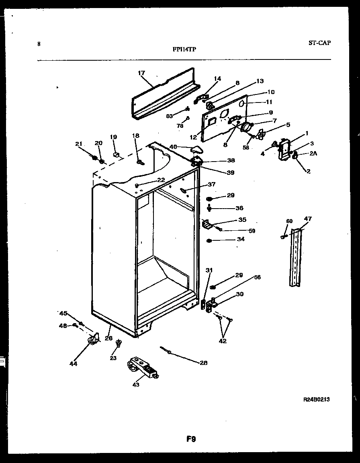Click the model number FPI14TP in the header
click(185, 50)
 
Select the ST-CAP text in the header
click(320, 43)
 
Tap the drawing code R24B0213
click(317, 399)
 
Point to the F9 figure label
click(191, 439)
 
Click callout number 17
click(141, 73)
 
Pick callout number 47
click(308, 219)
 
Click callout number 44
click(74, 364)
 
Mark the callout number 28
click(204, 363)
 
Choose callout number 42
click(223, 341)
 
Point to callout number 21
click(79, 144)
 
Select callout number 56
click(257, 277)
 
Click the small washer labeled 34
click(209, 241)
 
